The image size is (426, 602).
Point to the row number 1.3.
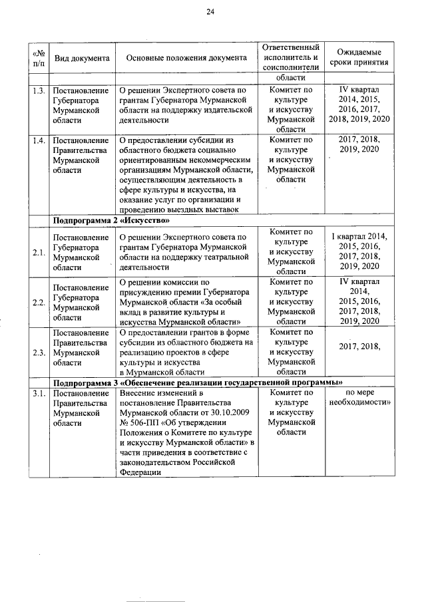point(39,89)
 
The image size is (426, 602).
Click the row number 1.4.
point(39,140)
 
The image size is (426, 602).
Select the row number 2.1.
point(39,252)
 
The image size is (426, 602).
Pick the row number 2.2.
point(39,302)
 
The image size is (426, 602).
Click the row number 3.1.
point(39,394)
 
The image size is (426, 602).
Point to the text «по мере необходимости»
point(359,398)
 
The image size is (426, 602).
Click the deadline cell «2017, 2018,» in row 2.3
point(359,346)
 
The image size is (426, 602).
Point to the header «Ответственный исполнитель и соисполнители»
point(291,58)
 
